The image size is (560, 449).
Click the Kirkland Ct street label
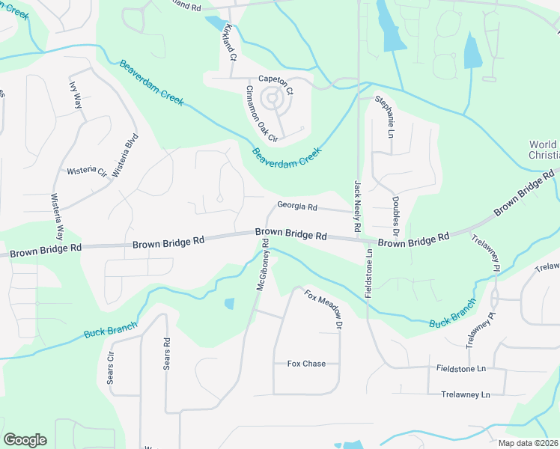click(x=230, y=42)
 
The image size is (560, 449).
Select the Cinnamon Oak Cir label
click(x=262, y=114)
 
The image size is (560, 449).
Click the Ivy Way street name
click(x=76, y=95)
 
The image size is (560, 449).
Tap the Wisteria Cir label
click(x=87, y=171)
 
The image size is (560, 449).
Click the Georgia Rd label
click(x=297, y=206)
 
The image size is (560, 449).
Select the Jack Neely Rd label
click(x=357, y=206)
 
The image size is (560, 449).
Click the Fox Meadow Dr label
click(x=323, y=310)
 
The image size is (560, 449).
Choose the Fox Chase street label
click(x=306, y=364)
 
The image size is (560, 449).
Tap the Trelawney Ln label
click(x=465, y=394)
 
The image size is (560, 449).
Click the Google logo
click(x=25, y=440)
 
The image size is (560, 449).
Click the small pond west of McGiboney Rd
click(x=229, y=303)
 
